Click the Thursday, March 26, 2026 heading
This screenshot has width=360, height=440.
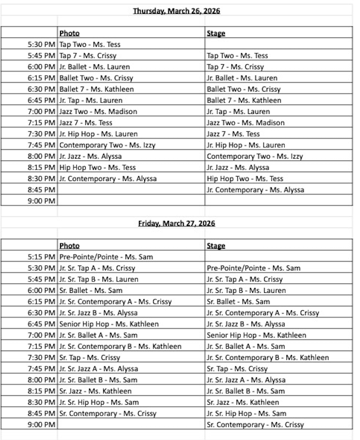point(176,11)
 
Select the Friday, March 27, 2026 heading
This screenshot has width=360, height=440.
point(176,223)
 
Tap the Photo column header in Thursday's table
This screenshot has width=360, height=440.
point(69,33)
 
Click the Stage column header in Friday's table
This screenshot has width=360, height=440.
point(216,246)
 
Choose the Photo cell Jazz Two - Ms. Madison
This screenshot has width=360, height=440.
point(98,111)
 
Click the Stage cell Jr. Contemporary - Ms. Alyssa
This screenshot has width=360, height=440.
point(255,190)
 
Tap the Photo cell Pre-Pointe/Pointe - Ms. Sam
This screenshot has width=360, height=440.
point(106,257)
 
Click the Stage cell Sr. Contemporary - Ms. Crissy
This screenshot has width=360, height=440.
point(255,425)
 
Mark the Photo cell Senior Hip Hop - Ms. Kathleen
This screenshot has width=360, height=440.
point(109,324)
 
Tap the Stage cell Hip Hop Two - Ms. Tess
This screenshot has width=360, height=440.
point(245,179)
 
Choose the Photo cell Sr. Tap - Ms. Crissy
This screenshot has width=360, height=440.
point(90,358)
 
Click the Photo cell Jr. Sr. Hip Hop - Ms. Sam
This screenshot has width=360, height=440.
point(99,402)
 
